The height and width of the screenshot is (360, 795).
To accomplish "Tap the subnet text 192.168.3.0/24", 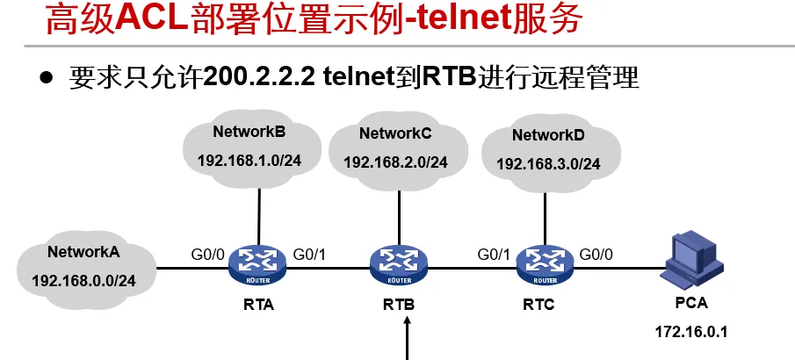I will [548, 164].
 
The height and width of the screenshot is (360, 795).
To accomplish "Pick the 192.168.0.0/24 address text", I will [83, 280].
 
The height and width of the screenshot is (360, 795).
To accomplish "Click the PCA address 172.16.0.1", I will [693, 333].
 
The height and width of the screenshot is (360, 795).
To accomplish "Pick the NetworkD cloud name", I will [548, 135].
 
